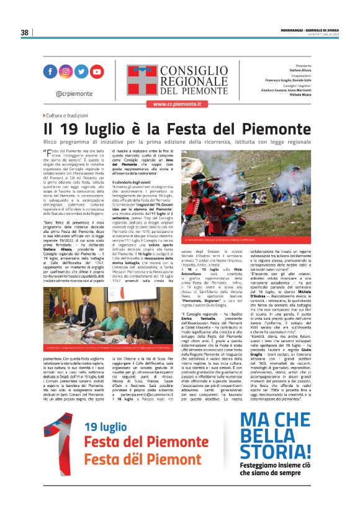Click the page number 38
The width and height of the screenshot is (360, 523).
coord(25,32)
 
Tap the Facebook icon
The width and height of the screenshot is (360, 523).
coord(50,71)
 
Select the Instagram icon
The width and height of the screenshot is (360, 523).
coord(65,71)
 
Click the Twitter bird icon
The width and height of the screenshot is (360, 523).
coord(81,71)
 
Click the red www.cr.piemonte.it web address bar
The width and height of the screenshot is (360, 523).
coord(181,104)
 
